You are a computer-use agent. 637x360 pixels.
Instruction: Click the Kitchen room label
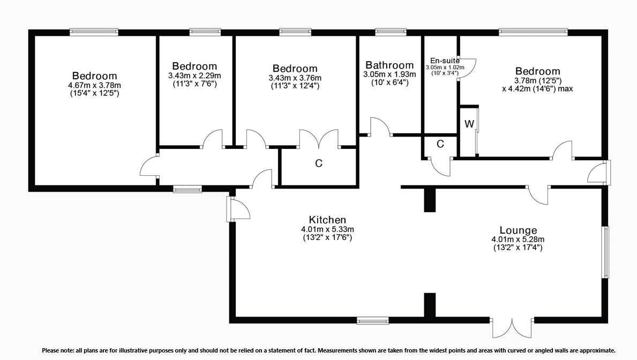[327, 220]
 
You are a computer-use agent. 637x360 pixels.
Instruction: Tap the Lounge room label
[518, 230]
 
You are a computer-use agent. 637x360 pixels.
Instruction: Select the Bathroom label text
[389, 66]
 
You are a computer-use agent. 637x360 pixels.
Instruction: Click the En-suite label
[445, 61]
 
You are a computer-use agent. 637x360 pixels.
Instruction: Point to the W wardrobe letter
[469, 124]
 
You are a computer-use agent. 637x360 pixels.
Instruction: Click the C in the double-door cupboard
[319, 164]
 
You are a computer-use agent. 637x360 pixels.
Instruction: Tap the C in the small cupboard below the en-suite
[440, 144]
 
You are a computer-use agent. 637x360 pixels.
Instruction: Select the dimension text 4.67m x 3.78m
[94, 85]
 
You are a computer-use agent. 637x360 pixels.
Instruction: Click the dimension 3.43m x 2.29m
[194, 76]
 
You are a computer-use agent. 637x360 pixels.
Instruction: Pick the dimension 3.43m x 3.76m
[295, 78]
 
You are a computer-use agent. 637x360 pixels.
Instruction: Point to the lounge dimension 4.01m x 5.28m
[518, 239]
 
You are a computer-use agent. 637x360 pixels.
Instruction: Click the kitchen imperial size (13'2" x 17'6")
[327, 237]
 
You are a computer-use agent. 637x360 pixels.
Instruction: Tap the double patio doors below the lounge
[512, 328]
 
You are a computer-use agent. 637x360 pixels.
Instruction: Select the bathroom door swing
[381, 127]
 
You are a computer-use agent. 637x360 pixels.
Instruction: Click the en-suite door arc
[468, 68]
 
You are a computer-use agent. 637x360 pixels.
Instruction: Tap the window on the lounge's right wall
[605, 252]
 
